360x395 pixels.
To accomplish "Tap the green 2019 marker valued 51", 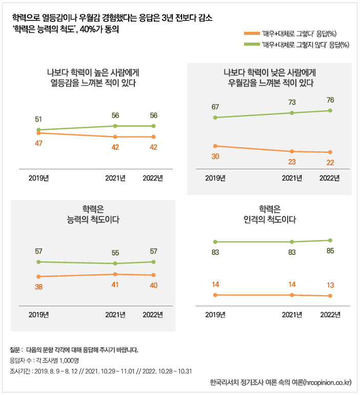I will coord(38,130).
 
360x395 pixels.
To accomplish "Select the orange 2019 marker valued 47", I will coord(38,133).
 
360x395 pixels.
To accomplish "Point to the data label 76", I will coord(330,100).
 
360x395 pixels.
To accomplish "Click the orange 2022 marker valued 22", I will coord(330,152).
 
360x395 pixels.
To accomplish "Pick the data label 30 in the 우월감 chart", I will coord(215,156).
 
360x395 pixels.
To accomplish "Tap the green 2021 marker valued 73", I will coord(292,113).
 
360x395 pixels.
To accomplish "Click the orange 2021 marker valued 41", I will coord(115,274).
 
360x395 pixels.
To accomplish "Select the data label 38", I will coord(38,287).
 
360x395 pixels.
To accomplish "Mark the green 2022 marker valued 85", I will coord(330,240).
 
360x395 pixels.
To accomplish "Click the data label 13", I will coord(330,285).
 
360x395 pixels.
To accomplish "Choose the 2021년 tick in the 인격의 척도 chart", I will coord(292,314).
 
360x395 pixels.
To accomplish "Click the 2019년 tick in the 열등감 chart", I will coord(38,178).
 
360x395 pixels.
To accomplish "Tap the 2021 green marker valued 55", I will coord(115,263).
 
